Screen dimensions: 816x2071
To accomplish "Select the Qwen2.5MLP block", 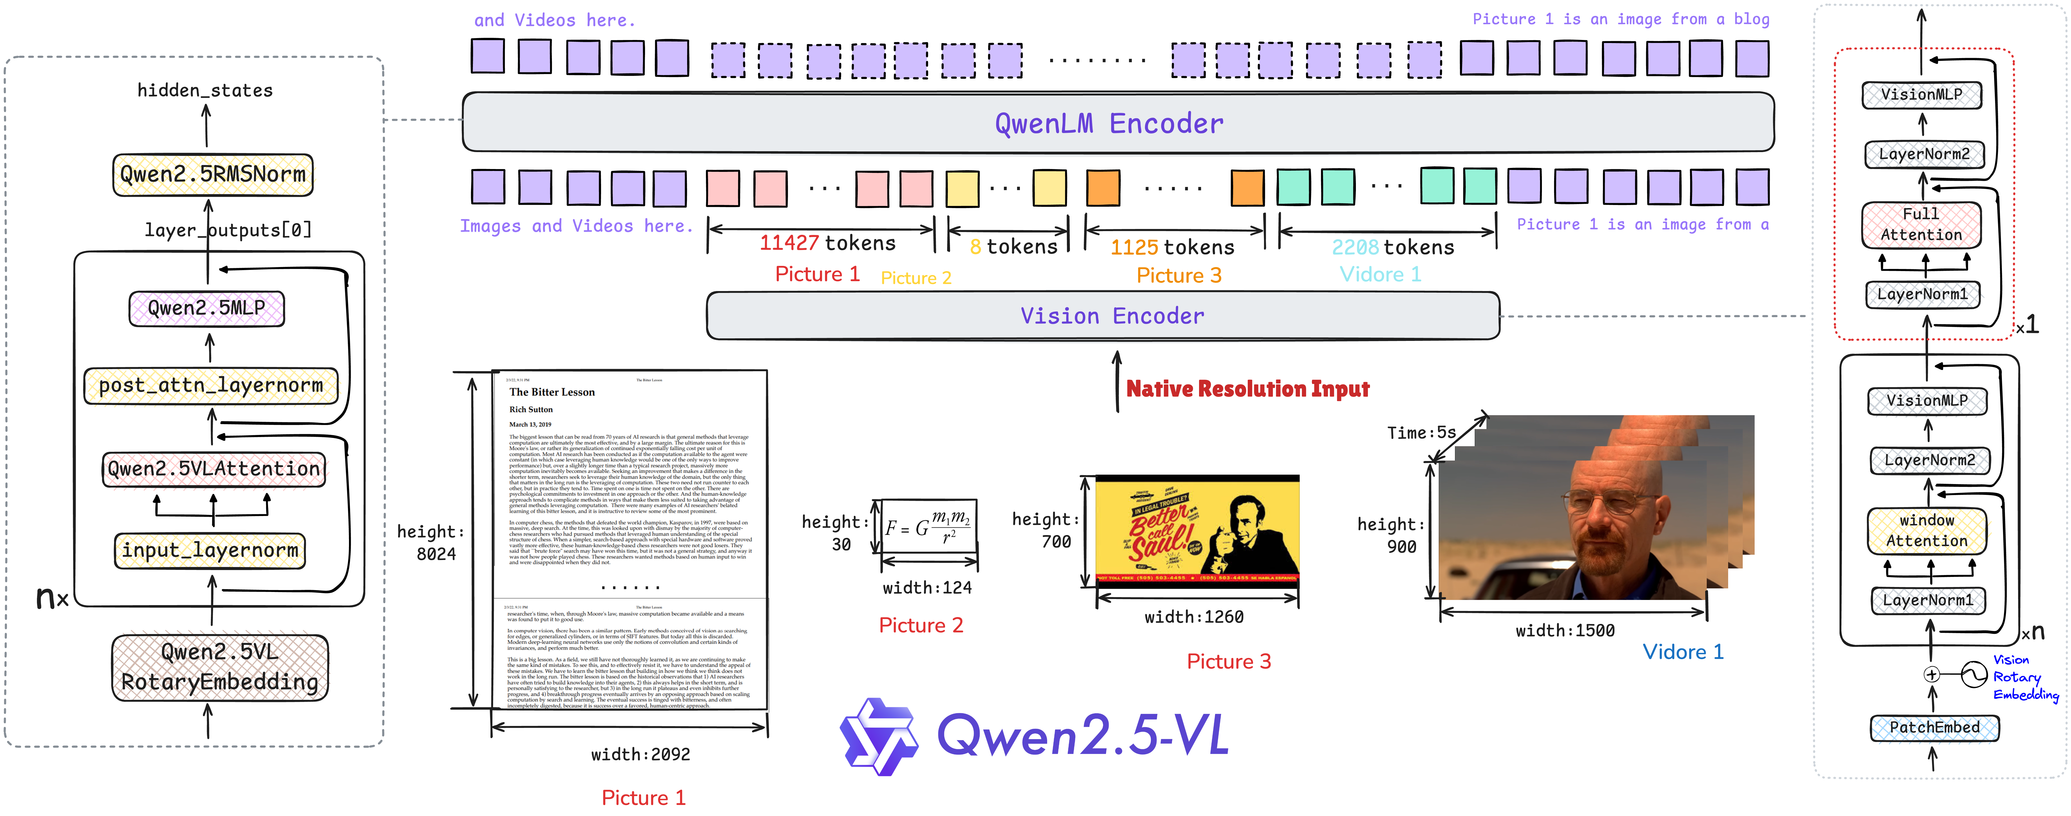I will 207,308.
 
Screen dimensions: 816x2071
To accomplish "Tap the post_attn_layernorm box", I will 211,386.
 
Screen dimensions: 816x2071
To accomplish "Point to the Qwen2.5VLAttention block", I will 214,469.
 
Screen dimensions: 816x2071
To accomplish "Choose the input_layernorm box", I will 210,551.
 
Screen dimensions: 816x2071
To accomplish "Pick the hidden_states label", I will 205,90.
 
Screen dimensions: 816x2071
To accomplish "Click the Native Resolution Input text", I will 1247,389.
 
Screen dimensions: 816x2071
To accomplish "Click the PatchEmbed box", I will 1934,728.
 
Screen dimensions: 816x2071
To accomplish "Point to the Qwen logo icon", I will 878,736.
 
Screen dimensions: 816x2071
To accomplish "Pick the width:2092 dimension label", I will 640,754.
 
